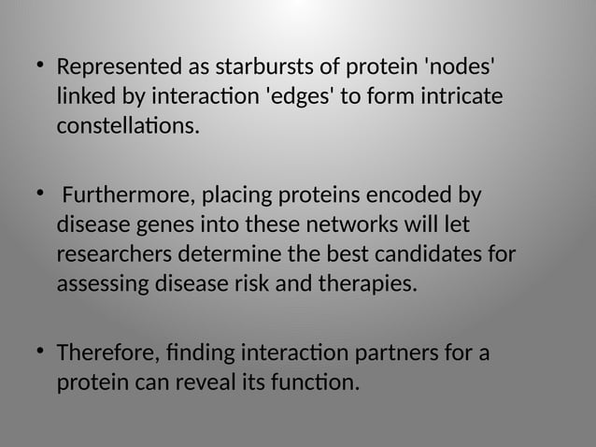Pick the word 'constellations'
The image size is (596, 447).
(x=128, y=125)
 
